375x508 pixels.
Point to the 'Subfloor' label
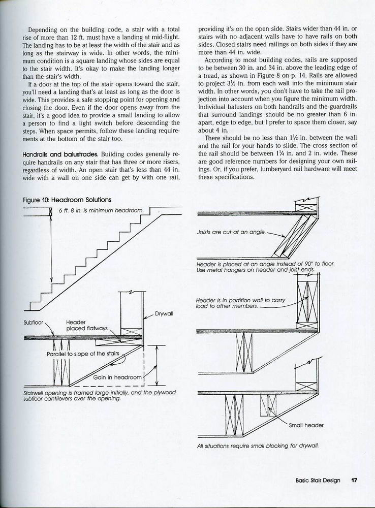[35, 322]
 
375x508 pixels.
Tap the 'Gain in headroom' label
[116, 377]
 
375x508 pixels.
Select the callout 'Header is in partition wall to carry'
[240, 300]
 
